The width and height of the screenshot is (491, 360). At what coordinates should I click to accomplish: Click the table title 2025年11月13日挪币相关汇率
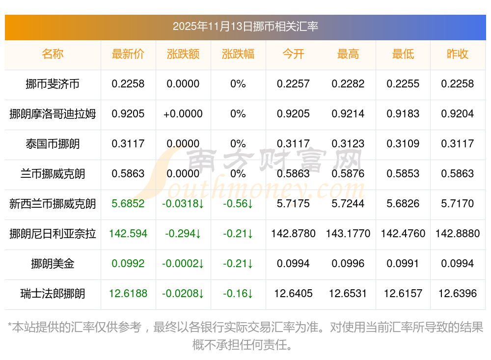pos(245,26)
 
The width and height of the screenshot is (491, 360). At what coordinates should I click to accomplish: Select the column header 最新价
pos(128,54)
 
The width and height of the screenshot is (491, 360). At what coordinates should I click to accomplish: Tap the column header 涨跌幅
pos(238,54)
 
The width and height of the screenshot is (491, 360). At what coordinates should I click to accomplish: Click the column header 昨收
pos(458,54)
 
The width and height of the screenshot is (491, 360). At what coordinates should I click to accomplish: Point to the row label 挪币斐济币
pos(53,84)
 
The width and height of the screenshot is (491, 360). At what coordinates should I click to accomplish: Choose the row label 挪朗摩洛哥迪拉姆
pos(53,114)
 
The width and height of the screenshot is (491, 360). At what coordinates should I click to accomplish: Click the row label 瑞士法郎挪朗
pos(53,294)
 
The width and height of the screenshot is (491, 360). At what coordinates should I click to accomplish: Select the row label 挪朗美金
pos(53,264)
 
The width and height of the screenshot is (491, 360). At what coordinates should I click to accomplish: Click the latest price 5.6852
pos(128,204)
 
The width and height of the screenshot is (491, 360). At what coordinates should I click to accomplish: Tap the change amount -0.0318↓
pos(183,204)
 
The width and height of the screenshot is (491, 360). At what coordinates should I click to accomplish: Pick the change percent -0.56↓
pos(238,204)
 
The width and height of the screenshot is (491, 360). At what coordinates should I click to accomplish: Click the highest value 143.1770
pos(348,234)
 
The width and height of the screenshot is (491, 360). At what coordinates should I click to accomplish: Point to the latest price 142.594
pos(128,234)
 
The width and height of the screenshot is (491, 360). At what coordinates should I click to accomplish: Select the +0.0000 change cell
pos(183,114)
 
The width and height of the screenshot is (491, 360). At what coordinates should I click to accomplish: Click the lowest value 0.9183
pos(403,114)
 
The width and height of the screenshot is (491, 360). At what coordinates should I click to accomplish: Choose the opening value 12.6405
pos(293,294)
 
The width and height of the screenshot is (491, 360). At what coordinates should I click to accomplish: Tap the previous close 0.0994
pos(458,264)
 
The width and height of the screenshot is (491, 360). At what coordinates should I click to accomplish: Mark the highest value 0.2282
pos(348,84)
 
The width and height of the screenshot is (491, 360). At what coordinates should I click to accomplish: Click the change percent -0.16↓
pos(238,294)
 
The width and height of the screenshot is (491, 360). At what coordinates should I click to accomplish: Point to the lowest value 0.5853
pos(403,174)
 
